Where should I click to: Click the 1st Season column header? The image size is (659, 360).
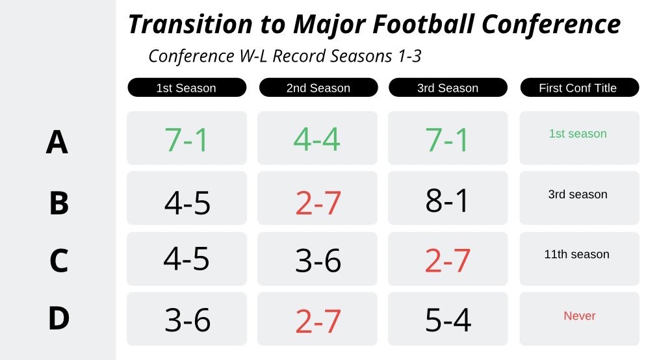point(187,87)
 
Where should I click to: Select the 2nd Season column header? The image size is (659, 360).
point(318,87)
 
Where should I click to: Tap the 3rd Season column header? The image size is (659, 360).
point(448,87)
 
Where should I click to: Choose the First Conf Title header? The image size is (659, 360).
point(579,87)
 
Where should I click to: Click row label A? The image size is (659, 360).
point(57,142)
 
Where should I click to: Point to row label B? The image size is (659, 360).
point(59,203)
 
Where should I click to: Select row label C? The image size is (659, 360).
point(59,261)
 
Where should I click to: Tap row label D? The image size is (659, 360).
point(59,318)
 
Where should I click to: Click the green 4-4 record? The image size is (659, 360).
point(317,139)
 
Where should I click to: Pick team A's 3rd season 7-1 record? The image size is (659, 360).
point(446,140)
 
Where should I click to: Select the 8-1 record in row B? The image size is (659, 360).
point(446,200)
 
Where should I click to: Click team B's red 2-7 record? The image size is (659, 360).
point(318,203)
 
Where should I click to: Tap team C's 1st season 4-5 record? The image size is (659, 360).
point(187,259)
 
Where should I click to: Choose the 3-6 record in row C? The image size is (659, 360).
point(318,261)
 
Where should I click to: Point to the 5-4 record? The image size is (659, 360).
point(448,320)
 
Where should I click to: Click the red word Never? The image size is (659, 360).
point(579,316)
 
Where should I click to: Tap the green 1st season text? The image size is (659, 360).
point(578,134)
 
